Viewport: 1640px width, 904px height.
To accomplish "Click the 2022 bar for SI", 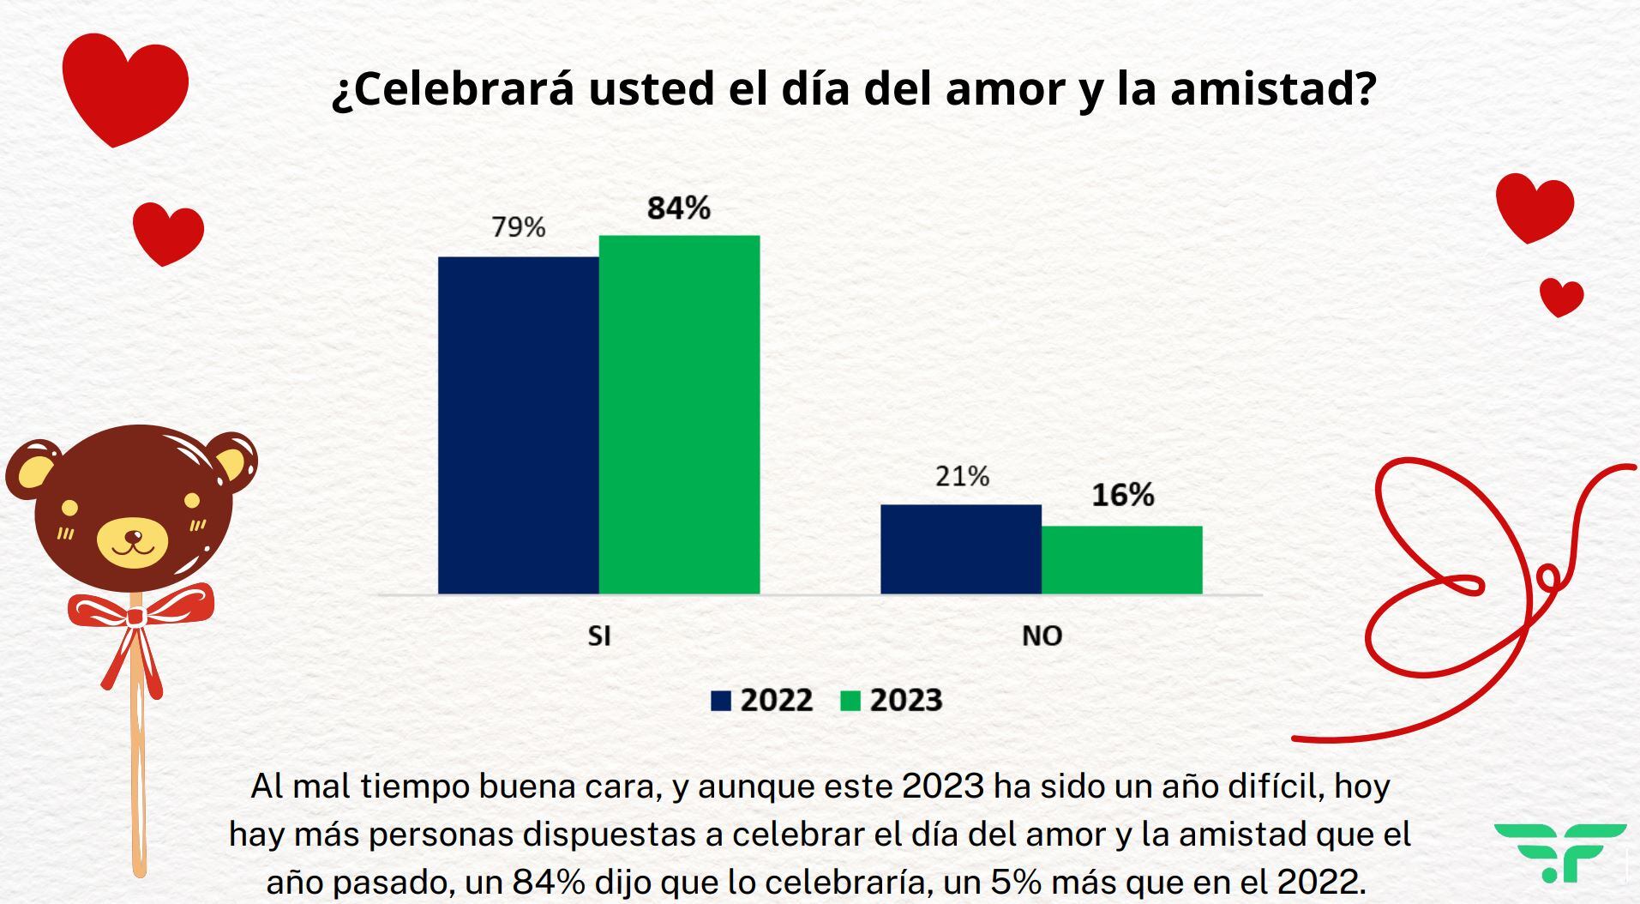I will tap(518, 425).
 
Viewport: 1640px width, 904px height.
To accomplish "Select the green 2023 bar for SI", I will tap(679, 414).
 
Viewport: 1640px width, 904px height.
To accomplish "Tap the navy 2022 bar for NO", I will tap(960, 549).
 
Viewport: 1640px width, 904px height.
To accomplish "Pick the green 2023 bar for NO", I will tap(1121, 559).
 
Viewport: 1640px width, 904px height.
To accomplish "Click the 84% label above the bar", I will tap(678, 208).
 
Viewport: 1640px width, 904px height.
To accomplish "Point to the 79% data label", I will tap(518, 227).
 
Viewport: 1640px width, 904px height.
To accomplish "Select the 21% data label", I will tap(962, 476).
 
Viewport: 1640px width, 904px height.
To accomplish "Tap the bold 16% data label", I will tap(1122, 495).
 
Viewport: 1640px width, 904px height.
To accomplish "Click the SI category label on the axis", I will tap(598, 636).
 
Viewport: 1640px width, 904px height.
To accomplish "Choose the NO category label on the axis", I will tap(1042, 636).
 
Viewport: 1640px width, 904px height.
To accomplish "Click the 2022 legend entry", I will tap(762, 701).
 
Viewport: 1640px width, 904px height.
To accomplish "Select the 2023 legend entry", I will tap(892, 701).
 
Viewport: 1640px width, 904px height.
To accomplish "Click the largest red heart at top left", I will tap(124, 86).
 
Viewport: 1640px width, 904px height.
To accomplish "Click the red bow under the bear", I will tap(137, 613).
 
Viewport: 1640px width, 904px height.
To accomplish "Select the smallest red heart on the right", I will tap(1560, 297).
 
